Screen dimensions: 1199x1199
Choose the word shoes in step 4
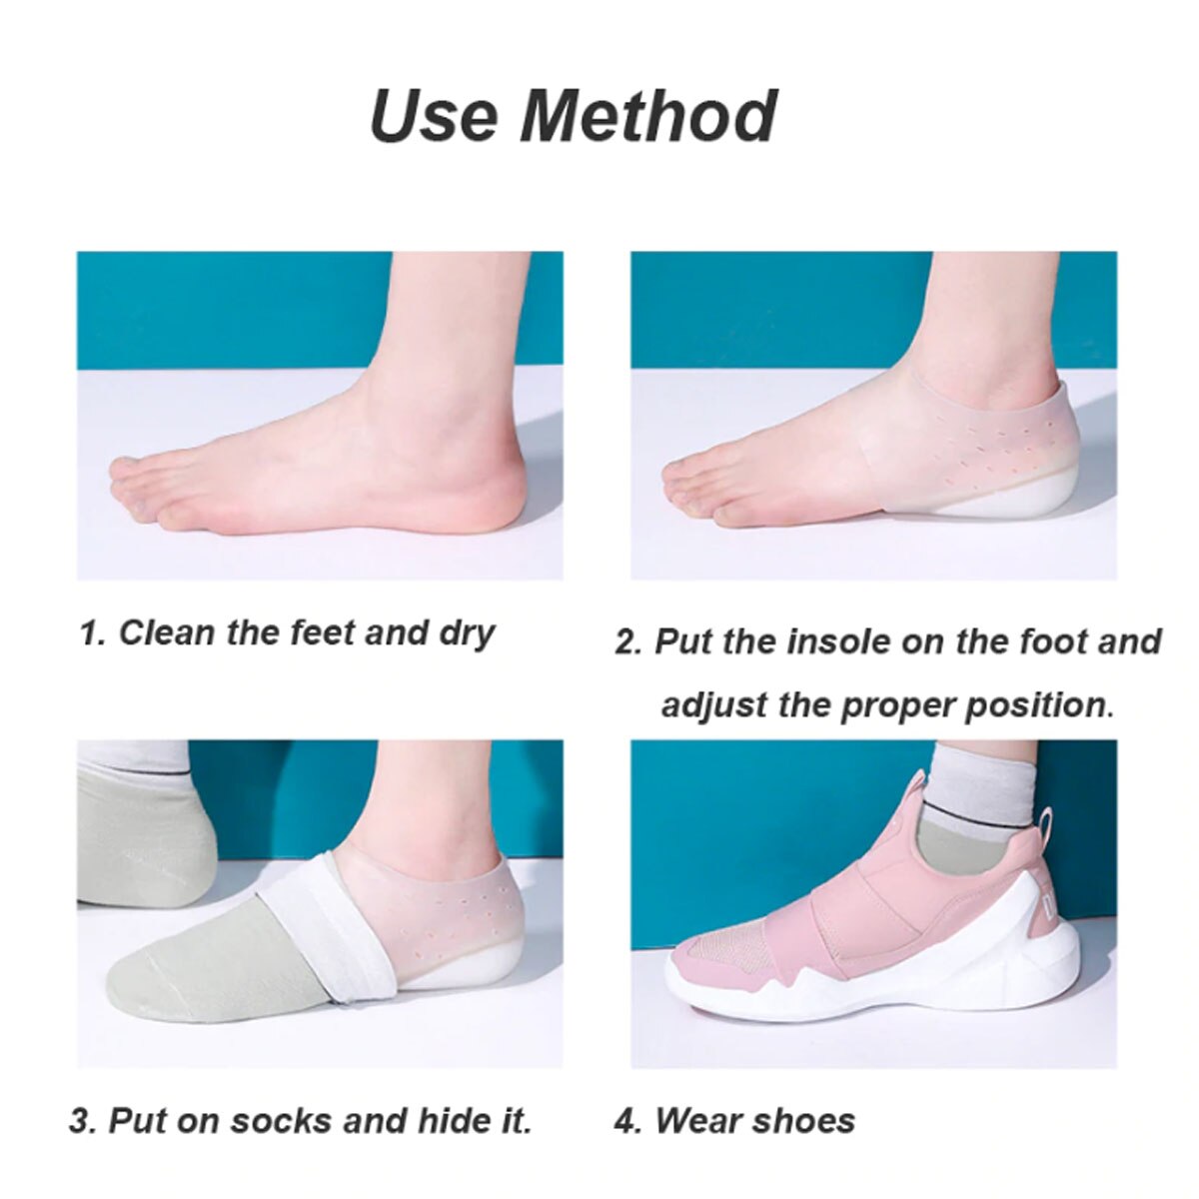point(806,1121)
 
